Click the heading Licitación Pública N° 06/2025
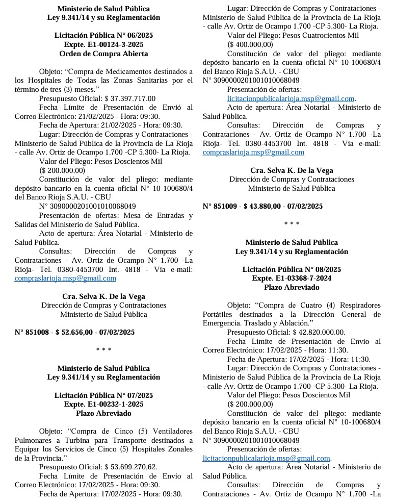[x=103, y=35]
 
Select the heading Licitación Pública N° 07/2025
[x=103, y=395]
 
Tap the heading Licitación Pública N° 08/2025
[x=292, y=269]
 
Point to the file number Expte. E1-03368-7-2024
[x=292, y=278]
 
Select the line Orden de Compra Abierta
[x=103, y=54]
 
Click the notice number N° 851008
[x=32, y=332]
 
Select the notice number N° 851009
[x=220, y=206]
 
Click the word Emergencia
[x=221, y=323]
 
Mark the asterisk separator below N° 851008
[x=103, y=350]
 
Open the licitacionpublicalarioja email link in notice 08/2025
[x=266, y=458]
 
